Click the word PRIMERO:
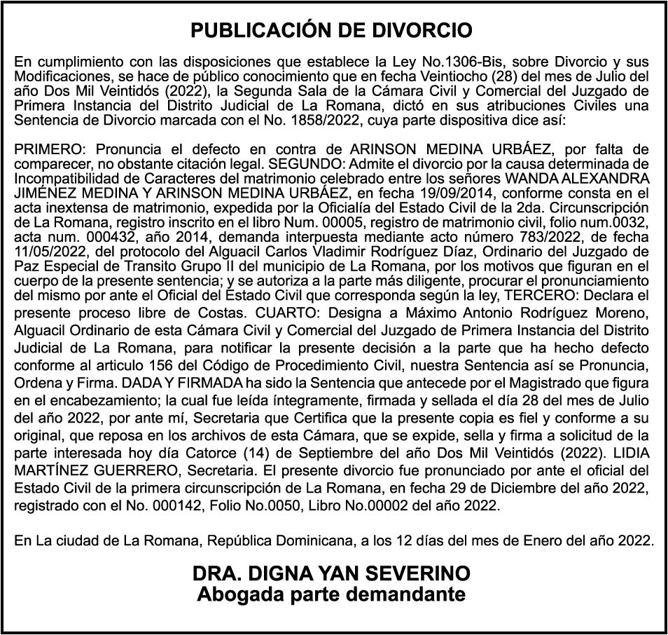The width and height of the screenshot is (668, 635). pyautogui.click(x=50, y=149)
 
